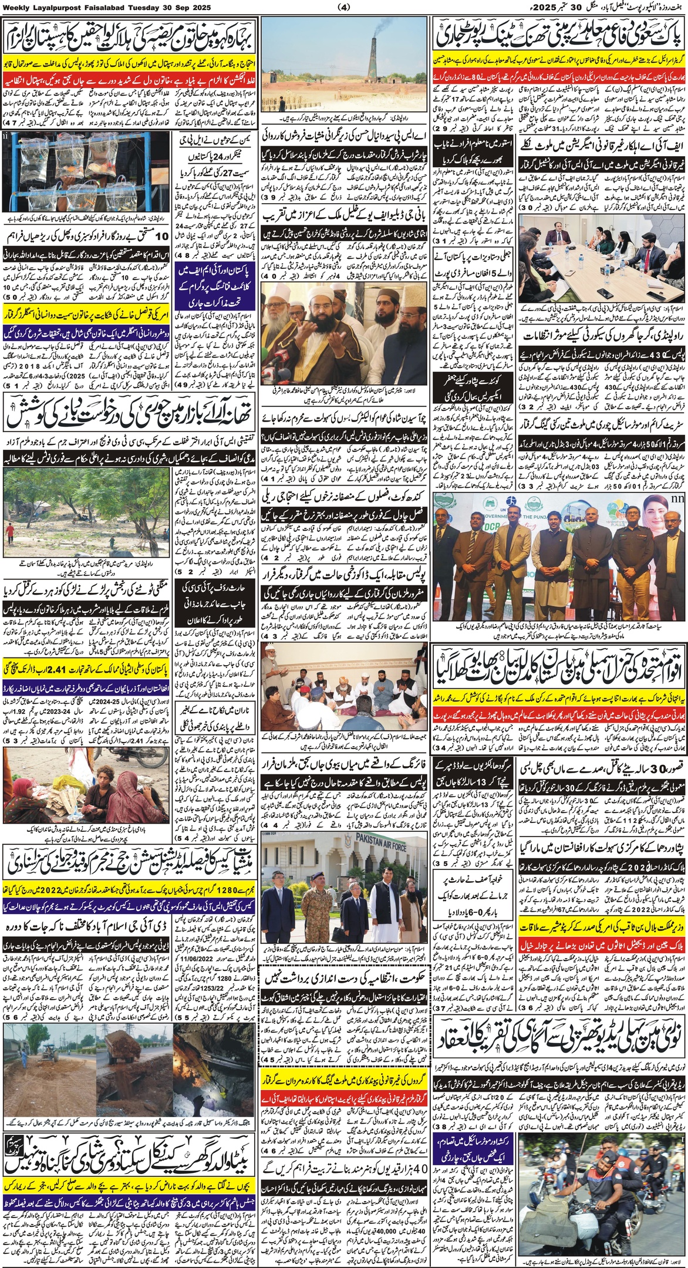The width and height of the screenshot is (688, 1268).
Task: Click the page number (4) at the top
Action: (344, 8)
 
